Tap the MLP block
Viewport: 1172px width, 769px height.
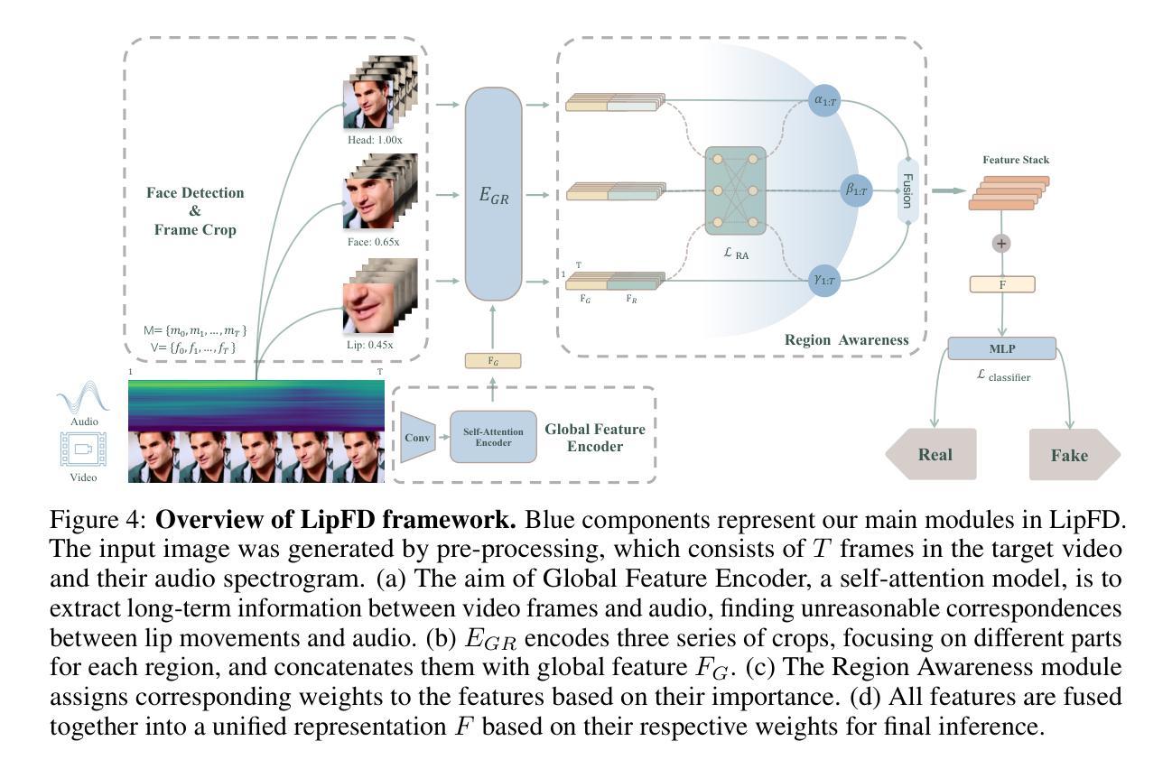[1002, 348]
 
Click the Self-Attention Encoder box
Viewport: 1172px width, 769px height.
[493, 437]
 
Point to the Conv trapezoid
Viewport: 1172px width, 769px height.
[417, 438]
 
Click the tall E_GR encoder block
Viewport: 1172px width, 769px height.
[493, 194]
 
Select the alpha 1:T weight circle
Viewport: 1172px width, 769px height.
[824, 100]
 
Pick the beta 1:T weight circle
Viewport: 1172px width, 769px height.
[857, 190]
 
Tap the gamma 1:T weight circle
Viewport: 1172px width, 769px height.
[824, 281]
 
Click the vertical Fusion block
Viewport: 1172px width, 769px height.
[907, 191]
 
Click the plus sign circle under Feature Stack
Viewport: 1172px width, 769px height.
[1001, 244]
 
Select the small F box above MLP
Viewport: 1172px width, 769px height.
[1002, 284]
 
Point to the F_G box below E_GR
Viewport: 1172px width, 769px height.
[493, 360]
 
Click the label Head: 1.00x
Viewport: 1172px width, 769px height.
[375, 140]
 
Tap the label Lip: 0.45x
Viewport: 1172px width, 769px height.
[370, 346]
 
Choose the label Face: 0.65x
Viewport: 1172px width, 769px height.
[374, 242]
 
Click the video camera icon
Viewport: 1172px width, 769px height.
[83, 449]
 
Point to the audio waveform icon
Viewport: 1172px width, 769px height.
[83, 396]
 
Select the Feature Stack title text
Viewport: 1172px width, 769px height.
[1016, 160]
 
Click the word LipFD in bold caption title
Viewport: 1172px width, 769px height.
[338, 520]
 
